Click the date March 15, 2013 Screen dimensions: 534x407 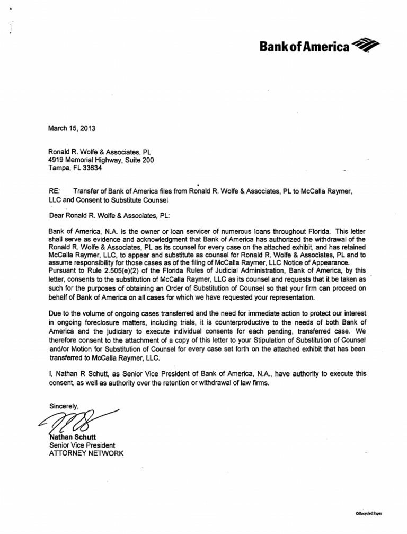[x=70, y=128]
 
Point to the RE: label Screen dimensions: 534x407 [x=54, y=191]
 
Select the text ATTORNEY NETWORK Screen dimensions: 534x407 [x=86, y=454]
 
